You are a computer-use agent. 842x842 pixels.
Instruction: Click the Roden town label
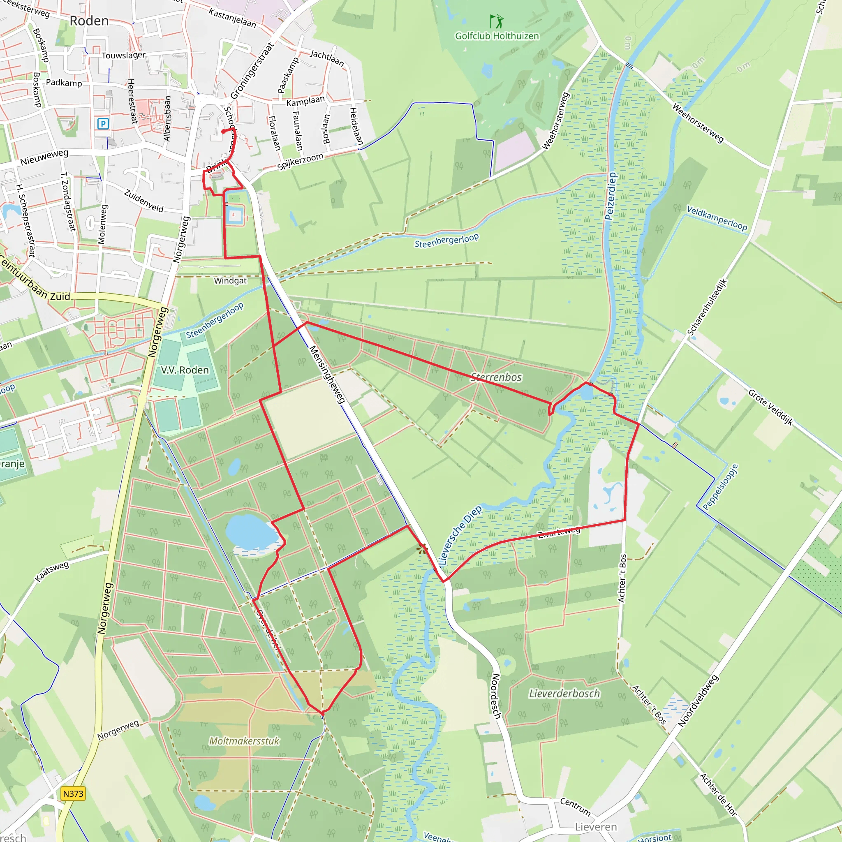pyautogui.click(x=89, y=21)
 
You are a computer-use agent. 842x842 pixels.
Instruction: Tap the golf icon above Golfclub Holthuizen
pyautogui.click(x=496, y=21)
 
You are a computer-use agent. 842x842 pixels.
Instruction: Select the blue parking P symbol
pyautogui.click(x=103, y=124)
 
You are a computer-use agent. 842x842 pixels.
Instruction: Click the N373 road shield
pyautogui.click(x=73, y=793)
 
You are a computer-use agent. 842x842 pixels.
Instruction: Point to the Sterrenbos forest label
pyautogui.click(x=496, y=377)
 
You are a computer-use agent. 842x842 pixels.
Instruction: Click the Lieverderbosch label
pyautogui.click(x=564, y=694)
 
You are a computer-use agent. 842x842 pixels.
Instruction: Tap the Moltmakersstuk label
pyautogui.click(x=244, y=741)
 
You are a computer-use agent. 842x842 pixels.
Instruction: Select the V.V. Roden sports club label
pyautogui.click(x=185, y=370)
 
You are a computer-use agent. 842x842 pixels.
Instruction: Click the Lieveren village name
pyautogui.click(x=596, y=827)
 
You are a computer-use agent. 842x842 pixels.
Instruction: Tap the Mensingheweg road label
pyautogui.click(x=327, y=374)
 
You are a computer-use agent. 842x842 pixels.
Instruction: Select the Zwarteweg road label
pyautogui.click(x=559, y=532)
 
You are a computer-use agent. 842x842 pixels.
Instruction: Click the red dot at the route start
pyautogui.click(x=223, y=131)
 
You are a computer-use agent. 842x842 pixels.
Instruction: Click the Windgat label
pyautogui.click(x=230, y=281)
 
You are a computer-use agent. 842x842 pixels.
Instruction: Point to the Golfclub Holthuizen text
pyautogui.click(x=497, y=36)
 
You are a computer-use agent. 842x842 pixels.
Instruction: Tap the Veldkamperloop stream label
pyautogui.click(x=717, y=218)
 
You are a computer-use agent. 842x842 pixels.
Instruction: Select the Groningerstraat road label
pyautogui.click(x=252, y=71)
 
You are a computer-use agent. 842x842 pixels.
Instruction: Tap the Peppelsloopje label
pyautogui.click(x=720, y=487)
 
